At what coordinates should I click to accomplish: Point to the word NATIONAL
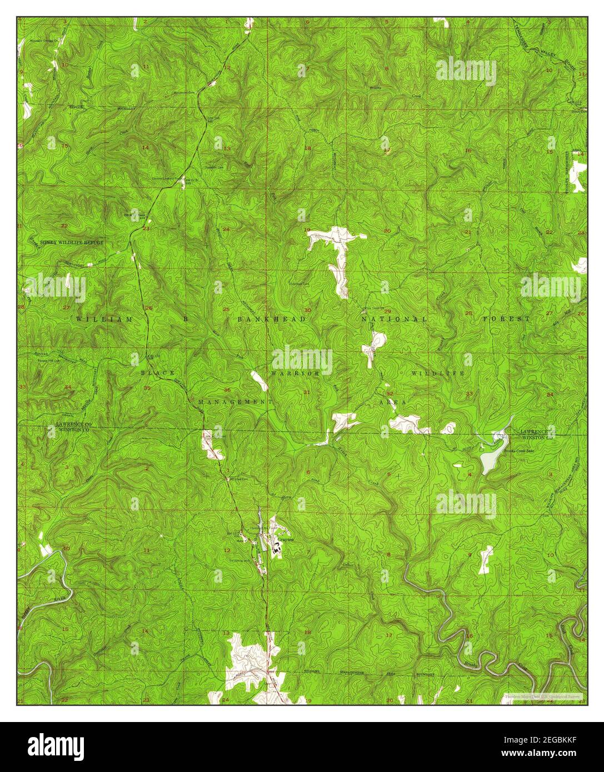[393, 319]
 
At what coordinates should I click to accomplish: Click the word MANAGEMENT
[235, 401]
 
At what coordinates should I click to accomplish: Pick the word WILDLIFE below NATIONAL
[437, 374]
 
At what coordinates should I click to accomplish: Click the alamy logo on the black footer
[56, 745]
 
